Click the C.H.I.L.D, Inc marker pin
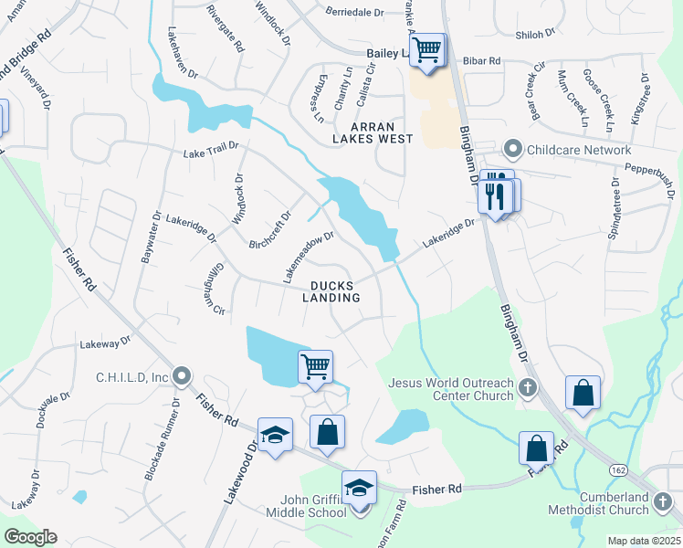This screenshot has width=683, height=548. coord(182,376)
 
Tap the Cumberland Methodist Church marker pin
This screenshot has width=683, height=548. coord(662,502)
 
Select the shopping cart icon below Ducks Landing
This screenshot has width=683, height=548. coord(315,367)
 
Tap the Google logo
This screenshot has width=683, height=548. coord(30,537)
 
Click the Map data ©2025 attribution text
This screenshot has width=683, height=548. coord(644,541)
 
